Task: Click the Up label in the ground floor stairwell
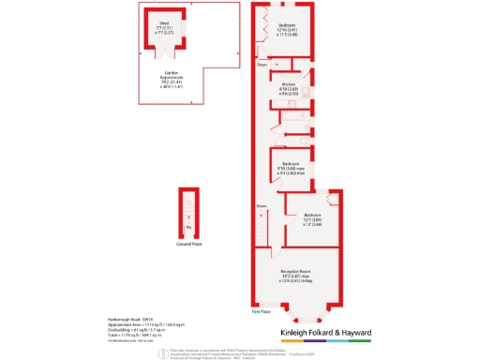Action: coord(189,227)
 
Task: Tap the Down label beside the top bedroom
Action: coord(263,64)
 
